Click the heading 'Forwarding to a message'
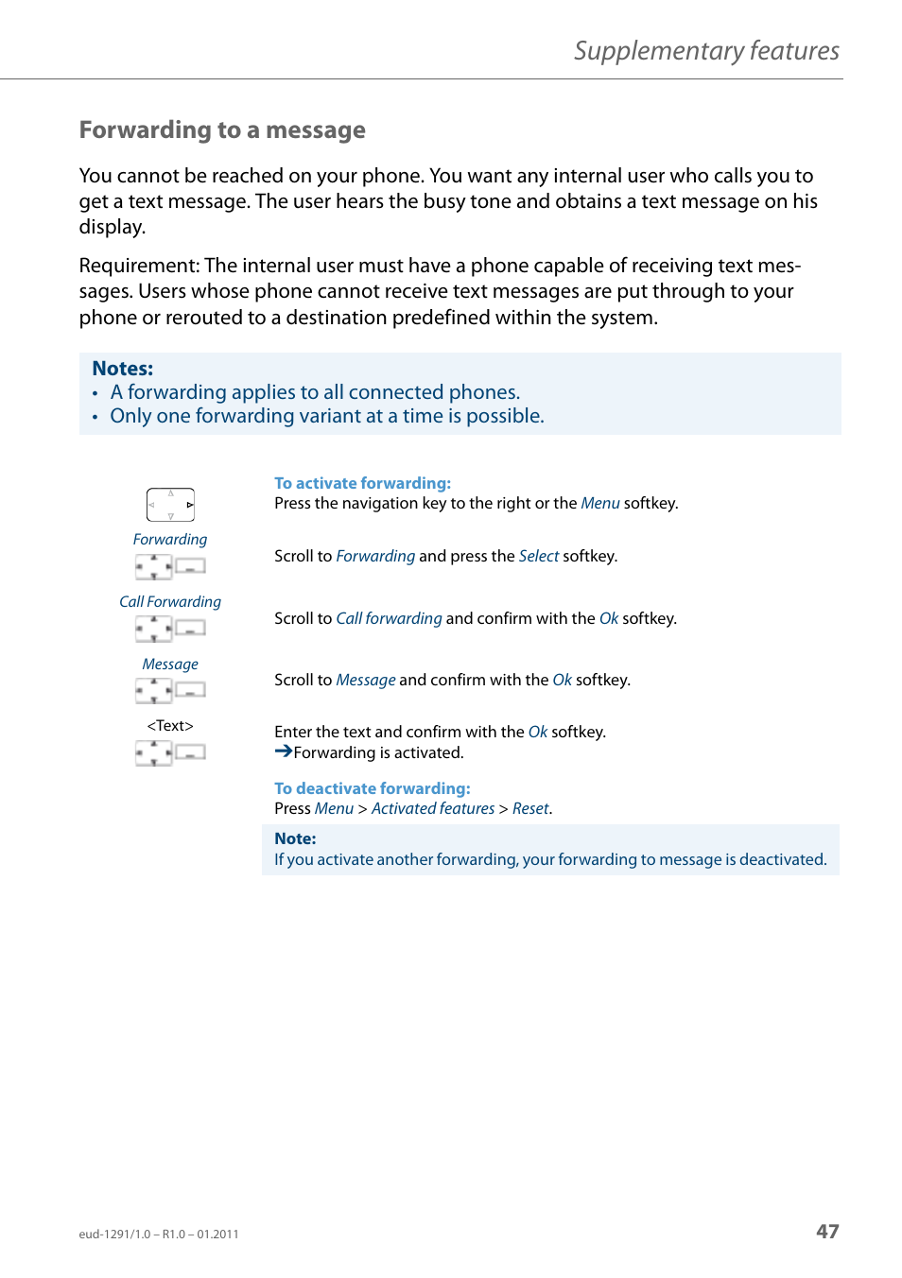[x=222, y=130]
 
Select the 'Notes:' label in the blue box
[x=122, y=369]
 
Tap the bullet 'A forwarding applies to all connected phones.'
[x=315, y=392]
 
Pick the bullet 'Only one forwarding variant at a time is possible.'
[x=326, y=416]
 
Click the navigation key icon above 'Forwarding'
[x=170, y=505]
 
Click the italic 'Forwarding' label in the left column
[x=170, y=540]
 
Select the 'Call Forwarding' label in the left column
[x=170, y=602]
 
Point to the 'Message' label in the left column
[x=170, y=665]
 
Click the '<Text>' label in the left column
[x=170, y=726]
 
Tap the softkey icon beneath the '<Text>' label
[x=190, y=752]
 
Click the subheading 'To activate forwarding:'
[x=362, y=483]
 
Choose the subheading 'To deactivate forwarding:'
[x=372, y=788]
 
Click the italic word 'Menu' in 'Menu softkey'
[x=599, y=504]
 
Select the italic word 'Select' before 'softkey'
[x=538, y=557]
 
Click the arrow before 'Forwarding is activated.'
[x=283, y=751]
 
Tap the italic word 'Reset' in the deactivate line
[x=530, y=809]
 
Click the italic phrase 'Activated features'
[x=433, y=809]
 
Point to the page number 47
[x=827, y=1232]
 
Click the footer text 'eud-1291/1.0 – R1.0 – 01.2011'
[x=159, y=1235]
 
